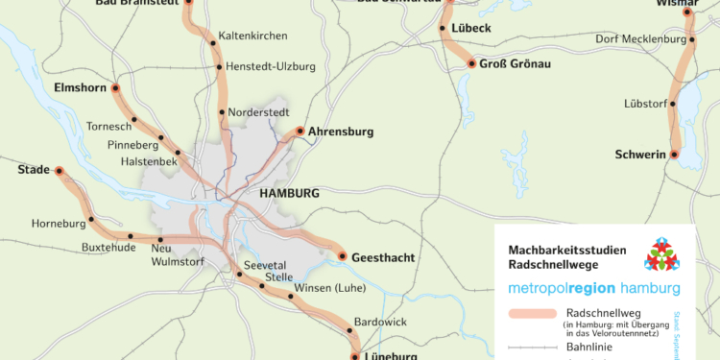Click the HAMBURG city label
click(x=289, y=193)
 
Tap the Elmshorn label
click(x=74, y=87)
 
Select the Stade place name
click(x=34, y=170)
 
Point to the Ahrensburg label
click(x=341, y=132)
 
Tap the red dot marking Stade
click(x=59, y=171)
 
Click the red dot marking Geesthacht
click(x=343, y=256)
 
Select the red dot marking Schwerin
click(x=674, y=155)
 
